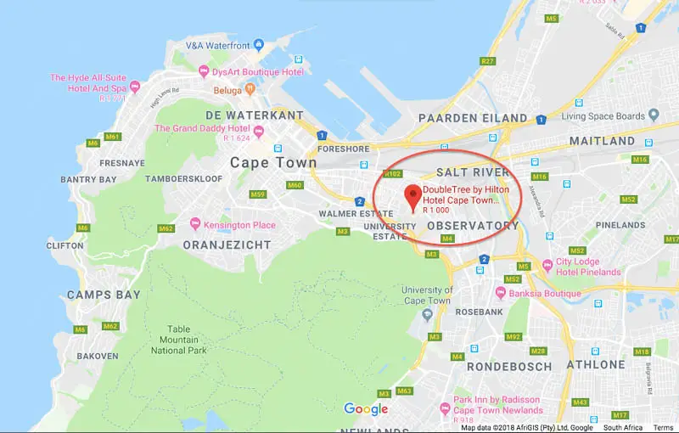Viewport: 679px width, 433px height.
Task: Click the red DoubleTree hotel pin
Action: click(412, 194)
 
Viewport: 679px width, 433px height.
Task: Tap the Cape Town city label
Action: click(273, 162)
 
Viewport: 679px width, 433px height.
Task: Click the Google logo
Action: click(366, 409)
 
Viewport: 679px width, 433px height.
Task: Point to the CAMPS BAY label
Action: click(104, 295)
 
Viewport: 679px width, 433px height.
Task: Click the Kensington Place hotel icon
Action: click(196, 225)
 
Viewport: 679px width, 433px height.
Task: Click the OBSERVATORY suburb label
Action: click(473, 226)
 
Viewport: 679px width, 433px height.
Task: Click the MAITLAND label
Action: click(602, 140)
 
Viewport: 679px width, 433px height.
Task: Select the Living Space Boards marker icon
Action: click(654, 115)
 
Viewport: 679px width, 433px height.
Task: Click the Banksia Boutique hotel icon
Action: click(502, 294)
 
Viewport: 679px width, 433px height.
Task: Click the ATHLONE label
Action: click(596, 363)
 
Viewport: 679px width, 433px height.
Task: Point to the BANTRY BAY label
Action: click(89, 180)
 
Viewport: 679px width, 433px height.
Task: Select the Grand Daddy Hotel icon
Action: click(259, 130)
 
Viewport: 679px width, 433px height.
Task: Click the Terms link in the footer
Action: click(663, 427)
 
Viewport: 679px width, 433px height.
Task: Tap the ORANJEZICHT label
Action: click(227, 245)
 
